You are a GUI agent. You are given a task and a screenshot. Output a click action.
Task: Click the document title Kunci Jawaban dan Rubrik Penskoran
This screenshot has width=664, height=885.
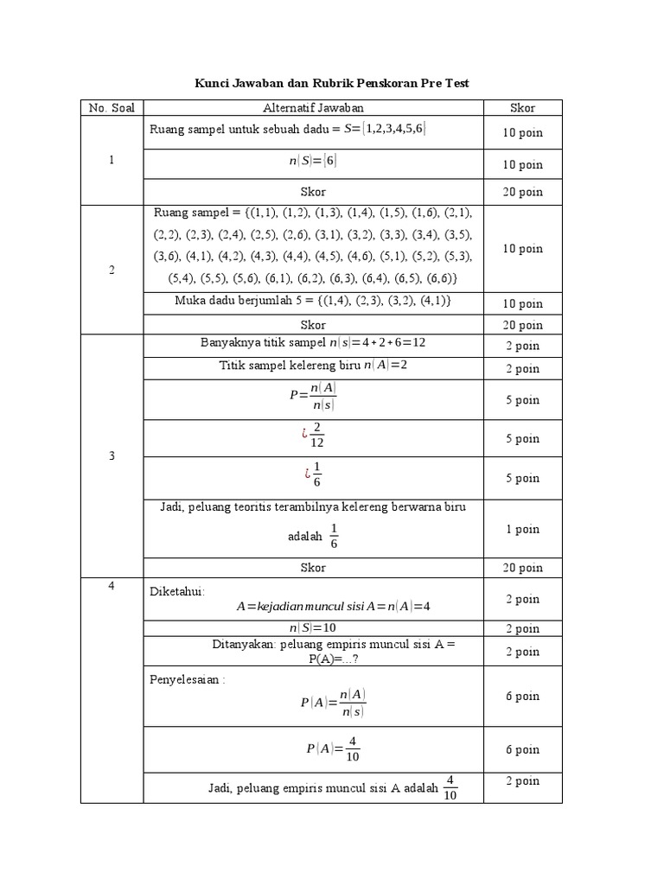point(330,83)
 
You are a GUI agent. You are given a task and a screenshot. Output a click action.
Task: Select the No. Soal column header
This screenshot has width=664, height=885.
point(112,108)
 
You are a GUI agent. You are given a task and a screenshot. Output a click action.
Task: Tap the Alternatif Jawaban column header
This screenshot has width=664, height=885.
point(313,108)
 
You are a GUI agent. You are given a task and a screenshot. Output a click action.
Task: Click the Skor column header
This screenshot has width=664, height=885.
point(522,108)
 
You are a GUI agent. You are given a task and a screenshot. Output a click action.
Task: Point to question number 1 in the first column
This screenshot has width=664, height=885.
point(112,160)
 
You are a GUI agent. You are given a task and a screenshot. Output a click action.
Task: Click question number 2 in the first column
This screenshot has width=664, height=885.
point(112,270)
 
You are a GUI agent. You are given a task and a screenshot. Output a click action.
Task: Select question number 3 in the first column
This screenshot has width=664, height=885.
point(112,455)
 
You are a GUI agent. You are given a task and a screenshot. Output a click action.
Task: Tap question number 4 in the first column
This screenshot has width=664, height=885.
point(112,587)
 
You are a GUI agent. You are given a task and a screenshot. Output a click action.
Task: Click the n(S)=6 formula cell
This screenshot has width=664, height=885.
point(313,161)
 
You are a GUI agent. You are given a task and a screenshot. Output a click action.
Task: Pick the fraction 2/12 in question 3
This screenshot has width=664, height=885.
point(316,439)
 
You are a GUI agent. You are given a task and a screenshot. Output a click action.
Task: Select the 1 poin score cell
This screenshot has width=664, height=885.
point(522,529)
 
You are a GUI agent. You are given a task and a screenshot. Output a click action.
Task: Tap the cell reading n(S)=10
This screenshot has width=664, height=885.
point(313,628)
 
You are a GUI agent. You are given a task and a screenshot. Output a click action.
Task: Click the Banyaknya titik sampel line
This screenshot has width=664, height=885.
point(313,343)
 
